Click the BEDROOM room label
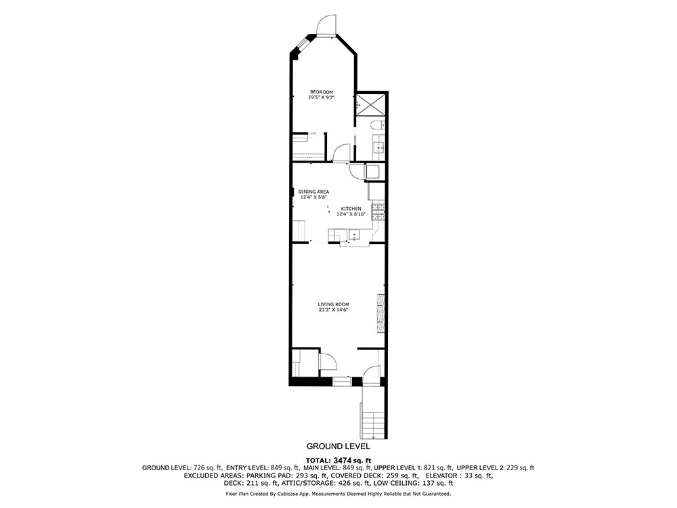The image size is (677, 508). click(322, 92)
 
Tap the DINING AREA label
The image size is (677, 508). click(314, 192)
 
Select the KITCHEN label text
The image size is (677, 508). click(351, 209)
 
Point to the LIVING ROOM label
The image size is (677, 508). click(333, 305)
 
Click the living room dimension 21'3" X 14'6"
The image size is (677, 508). click(333, 310)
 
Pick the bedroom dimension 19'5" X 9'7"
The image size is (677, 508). click(322, 97)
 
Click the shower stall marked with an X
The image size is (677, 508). click(371, 104)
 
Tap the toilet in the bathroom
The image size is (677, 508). click(377, 125)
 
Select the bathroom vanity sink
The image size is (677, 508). click(378, 148)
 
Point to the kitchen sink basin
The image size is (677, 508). click(354, 236)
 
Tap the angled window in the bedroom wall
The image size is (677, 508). click(302, 45)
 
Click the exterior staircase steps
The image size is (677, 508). click(373, 425)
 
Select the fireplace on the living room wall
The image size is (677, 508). click(380, 313)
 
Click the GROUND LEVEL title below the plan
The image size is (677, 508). click(338, 446)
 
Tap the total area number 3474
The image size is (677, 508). click(343, 460)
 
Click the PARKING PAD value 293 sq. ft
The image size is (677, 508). click(311, 475)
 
